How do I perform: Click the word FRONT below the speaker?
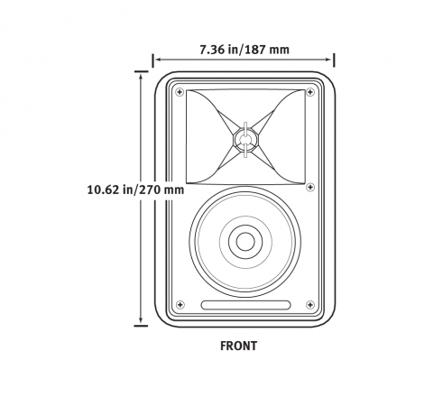(239, 346)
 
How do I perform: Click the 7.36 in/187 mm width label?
(245, 50)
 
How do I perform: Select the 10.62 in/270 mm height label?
(135, 189)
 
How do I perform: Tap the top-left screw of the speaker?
(180, 92)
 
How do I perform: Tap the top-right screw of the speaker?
(310, 92)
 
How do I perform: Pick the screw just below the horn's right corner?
(310, 187)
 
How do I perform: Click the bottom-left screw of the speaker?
(180, 305)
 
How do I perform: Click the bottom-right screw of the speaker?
(310, 305)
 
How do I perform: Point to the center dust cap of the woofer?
(245, 242)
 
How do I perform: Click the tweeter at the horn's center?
(245, 139)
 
